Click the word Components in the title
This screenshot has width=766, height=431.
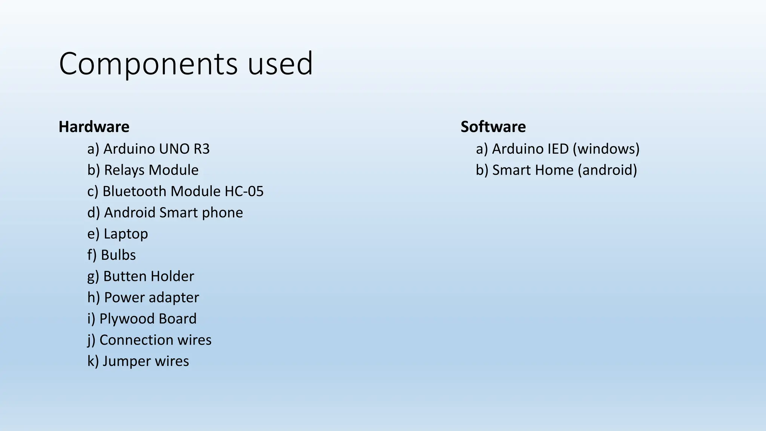point(148,64)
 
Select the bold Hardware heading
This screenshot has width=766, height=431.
point(94,127)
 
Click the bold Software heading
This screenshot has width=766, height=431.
point(493,127)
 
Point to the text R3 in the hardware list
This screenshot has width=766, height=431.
point(202,149)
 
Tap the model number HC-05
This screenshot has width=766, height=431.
point(244,191)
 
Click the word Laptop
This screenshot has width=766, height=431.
point(126,234)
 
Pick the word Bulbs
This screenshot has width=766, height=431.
point(118,255)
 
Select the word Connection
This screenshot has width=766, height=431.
point(136,340)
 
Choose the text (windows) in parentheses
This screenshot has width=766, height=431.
point(606,149)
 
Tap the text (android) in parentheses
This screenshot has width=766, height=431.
point(607,170)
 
